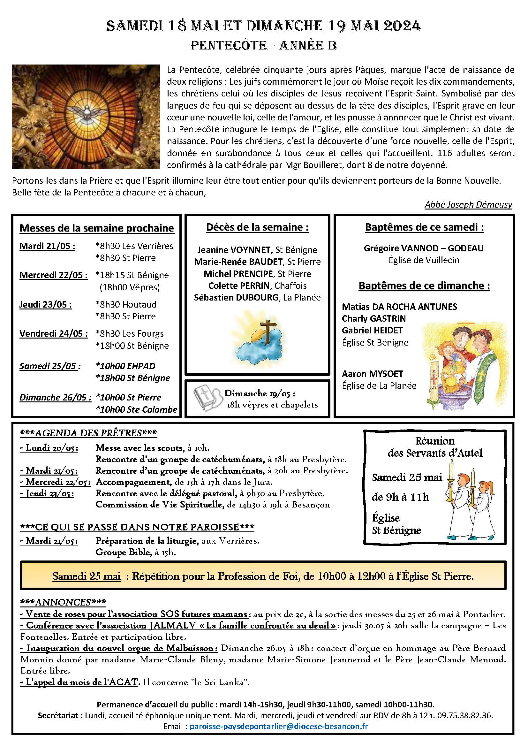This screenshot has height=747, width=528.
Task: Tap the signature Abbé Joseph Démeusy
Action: pos(468,204)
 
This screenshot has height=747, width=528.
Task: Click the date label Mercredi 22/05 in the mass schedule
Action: pos(53,275)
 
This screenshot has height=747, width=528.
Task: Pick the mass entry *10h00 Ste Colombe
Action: pos(137,409)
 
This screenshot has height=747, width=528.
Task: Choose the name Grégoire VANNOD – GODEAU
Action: pos(424,248)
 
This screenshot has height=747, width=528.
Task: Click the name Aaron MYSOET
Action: pos(372,374)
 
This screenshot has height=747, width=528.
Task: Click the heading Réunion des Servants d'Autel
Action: pos(435,447)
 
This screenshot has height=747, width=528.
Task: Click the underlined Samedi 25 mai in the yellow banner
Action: pos(86,576)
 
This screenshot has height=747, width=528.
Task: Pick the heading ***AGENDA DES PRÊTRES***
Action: pos(88,433)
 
